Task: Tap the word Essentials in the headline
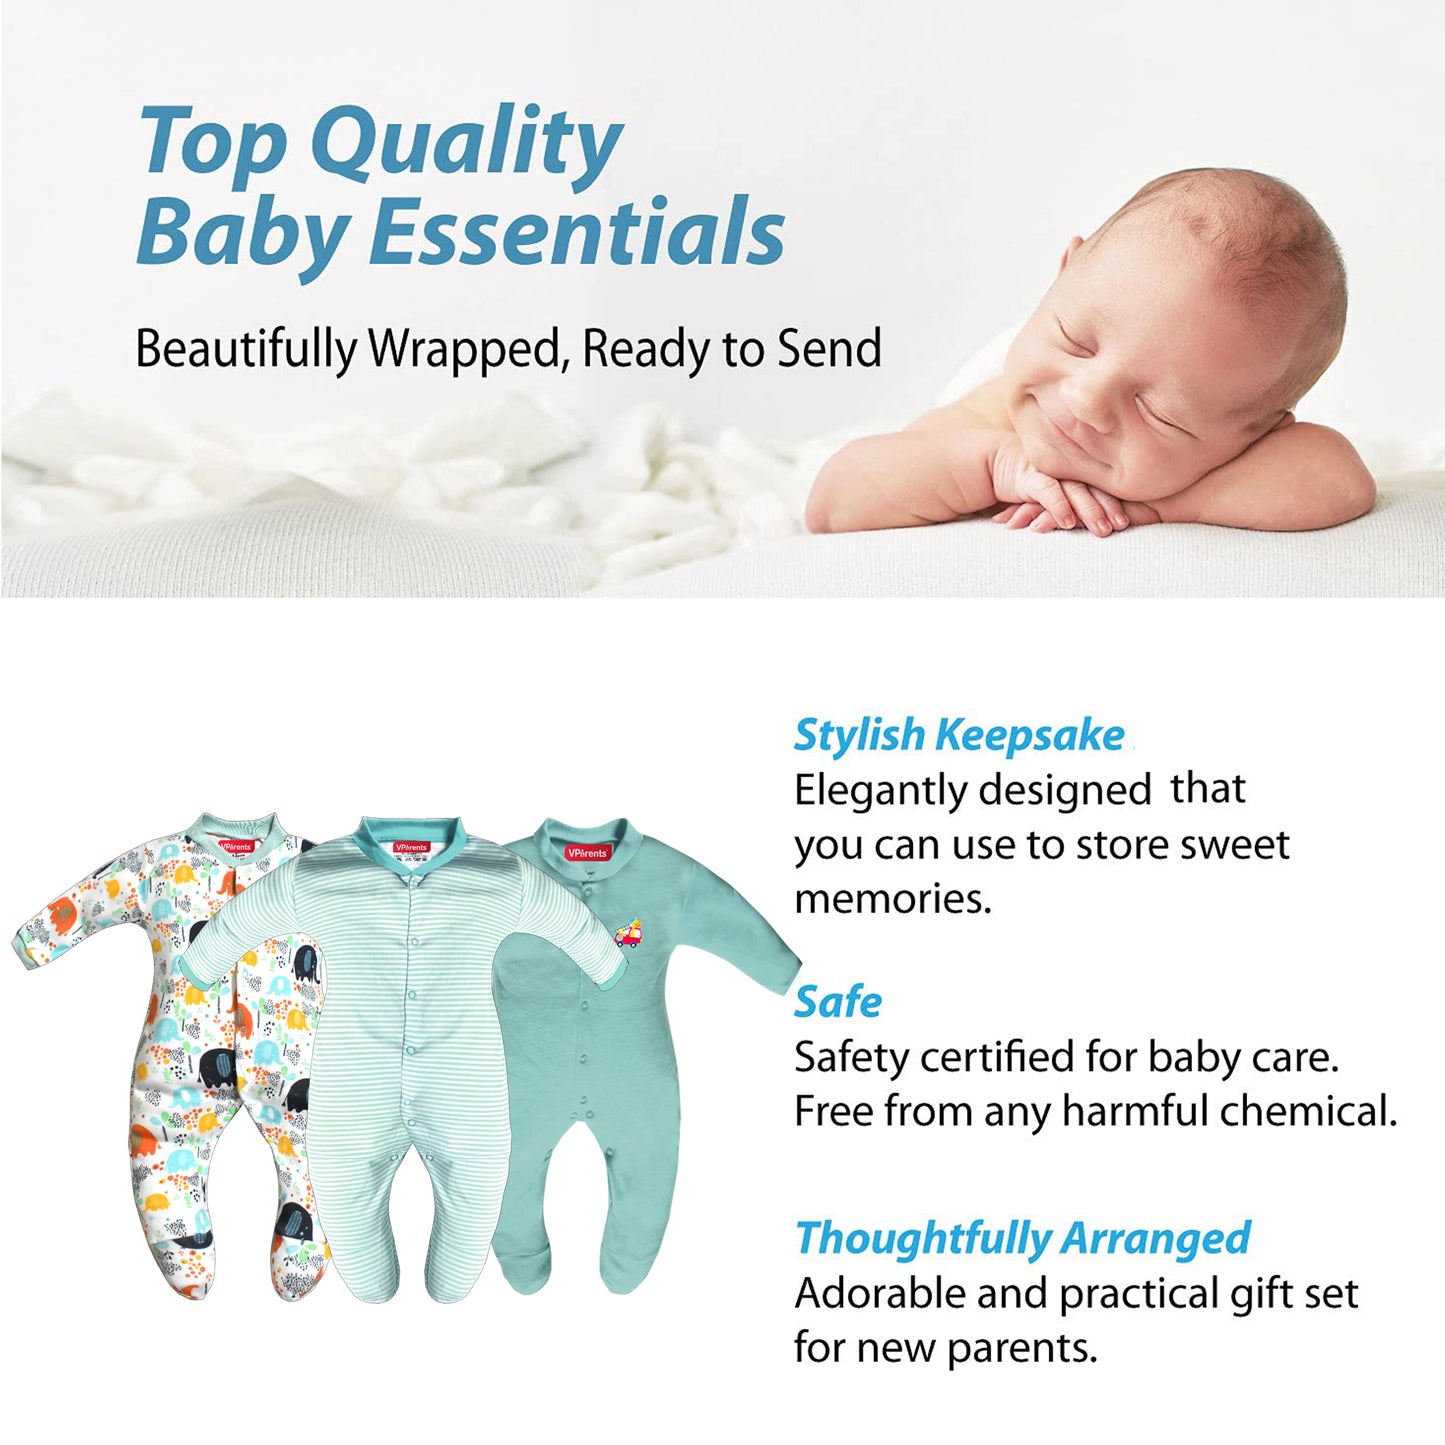577,230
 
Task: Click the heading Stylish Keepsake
959,735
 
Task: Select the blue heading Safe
838,1002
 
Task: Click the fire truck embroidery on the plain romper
628,933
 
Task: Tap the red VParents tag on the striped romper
411,847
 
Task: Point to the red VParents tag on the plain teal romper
588,853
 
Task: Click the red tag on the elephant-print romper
236,847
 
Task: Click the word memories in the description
893,899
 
